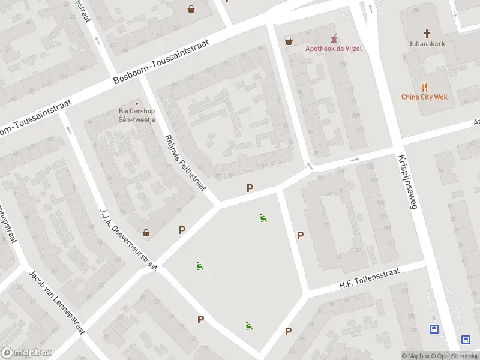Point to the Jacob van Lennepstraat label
[x=57, y=302]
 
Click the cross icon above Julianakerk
[x=427, y=34]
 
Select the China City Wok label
[x=424, y=97]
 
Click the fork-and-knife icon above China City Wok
[x=424, y=86]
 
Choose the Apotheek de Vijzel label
[x=333, y=49]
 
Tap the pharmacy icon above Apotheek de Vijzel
[x=334, y=39]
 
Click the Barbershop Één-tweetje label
[x=137, y=115]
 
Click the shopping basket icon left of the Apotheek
[x=289, y=41]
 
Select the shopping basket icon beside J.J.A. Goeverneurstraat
[x=145, y=232]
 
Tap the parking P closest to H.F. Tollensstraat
[x=300, y=236]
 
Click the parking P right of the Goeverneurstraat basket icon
[x=182, y=230]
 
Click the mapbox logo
[x=26, y=353]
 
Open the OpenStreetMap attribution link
[x=455, y=356]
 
